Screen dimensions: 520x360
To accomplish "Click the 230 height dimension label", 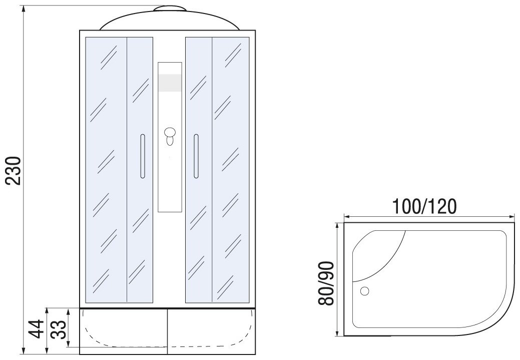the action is click(14, 171).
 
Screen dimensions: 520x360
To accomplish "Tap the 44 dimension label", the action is click(36, 329).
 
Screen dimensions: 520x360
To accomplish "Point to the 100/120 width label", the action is click(424, 206).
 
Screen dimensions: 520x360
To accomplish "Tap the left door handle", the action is click(143, 156).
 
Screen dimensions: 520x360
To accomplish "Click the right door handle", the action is click(196, 156).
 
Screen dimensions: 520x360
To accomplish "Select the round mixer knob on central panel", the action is click(170, 133).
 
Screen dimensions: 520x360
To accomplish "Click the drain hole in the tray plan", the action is click(364, 291).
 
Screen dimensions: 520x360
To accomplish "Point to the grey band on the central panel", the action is click(170, 83).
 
